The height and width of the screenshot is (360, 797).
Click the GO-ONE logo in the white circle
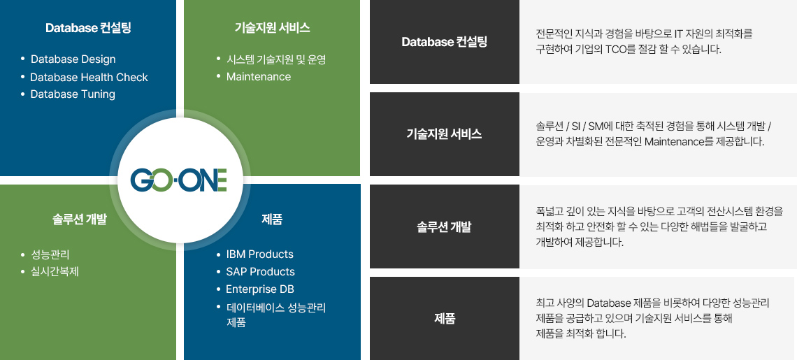(x=178, y=180)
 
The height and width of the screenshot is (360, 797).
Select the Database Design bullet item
(x=73, y=59)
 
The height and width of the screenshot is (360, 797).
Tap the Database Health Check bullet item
(x=89, y=78)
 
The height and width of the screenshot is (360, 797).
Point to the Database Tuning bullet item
(x=73, y=94)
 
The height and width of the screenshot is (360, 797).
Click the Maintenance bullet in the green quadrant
(x=259, y=77)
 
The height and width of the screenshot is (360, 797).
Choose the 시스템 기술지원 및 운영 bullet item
(x=276, y=59)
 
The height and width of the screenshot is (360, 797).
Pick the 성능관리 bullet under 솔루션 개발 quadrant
(x=50, y=254)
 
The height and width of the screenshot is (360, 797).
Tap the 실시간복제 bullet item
(x=55, y=271)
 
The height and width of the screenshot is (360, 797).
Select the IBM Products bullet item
(x=260, y=254)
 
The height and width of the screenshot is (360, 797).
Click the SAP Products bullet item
(x=260, y=271)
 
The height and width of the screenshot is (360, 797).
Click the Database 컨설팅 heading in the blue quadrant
(x=89, y=27)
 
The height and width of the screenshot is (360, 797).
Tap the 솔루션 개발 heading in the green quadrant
(x=80, y=219)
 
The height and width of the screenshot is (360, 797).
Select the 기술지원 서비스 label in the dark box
(x=444, y=134)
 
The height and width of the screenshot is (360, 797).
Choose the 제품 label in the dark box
(x=445, y=319)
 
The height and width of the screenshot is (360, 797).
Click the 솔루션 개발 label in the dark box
(x=444, y=226)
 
